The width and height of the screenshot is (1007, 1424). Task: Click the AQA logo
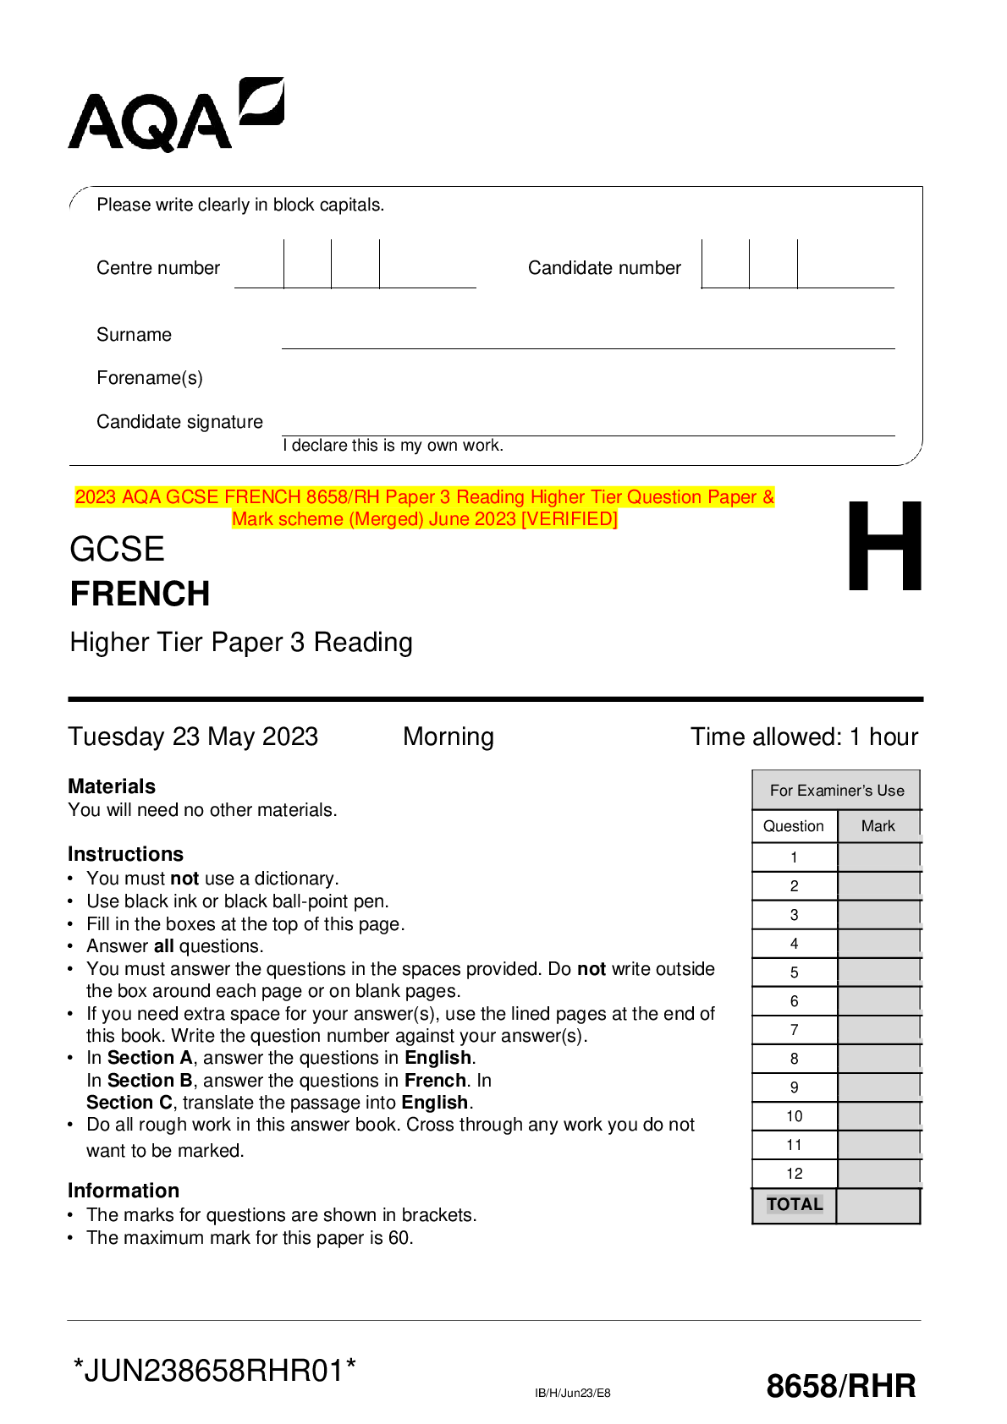click(175, 116)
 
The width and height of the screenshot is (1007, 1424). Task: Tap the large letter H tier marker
click(884, 546)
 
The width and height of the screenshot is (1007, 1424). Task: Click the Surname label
click(134, 335)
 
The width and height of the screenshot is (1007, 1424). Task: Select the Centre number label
click(158, 268)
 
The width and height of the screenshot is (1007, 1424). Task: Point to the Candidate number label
click(604, 268)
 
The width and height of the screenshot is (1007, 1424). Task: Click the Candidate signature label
click(179, 422)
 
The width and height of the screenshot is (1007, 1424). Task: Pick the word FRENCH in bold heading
click(140, 594)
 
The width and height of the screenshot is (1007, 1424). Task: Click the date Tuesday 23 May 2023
click(193, 737)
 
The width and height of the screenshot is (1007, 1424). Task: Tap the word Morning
click(448, 737)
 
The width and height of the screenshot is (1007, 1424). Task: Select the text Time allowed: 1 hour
click(804, 737)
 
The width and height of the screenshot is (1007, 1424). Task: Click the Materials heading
click(112, 786)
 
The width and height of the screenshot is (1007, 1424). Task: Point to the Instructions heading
click(125, 854)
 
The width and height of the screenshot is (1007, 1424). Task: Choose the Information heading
click(124, 1191)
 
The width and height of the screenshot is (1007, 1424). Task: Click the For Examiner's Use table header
click(836, 791)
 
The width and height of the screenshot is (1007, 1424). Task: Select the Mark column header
click(878, 826)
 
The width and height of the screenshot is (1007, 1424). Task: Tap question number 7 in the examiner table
click(794, 1030)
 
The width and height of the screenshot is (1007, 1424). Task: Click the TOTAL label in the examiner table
click(794, 1204)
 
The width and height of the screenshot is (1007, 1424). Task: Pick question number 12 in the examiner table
click(794, 1174)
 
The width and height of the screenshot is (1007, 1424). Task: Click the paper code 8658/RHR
click(840, 1387)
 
